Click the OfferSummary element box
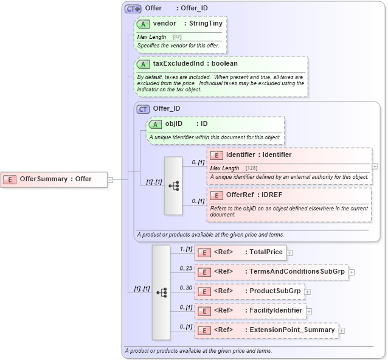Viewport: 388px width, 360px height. pyautogui.click(x=55, y=179)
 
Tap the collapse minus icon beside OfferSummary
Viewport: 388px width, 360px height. pyautogui.click(x=110, y=179)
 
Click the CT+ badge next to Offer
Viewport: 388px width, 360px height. pyautogui.click(x=133, y=9)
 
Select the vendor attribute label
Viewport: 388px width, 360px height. pyautogui.click(x=164, y=23)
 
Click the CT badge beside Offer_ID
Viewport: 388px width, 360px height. pyautogui.click(x=143, y=109)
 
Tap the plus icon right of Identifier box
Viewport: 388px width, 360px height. pyautogui.click(x=375, y=166)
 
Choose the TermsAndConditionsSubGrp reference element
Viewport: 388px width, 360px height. pyautogui.click(x=271, y=272)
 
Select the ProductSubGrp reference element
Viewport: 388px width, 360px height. pyautogui.click(x=249, y=291)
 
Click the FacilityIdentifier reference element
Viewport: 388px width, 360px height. pyautogui.click(x=250, y=311)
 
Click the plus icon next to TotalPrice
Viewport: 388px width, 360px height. pyautogui.click(x=290, y=252)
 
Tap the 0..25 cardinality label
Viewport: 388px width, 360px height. pyautogui.click(x=185, y=268)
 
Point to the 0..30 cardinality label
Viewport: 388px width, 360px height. pyautogui.click(x=185, y=288)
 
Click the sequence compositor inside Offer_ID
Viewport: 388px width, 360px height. pyautogui.click(x=173, y=185)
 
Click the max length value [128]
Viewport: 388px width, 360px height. pyautogui.click(x=252, y=168)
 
